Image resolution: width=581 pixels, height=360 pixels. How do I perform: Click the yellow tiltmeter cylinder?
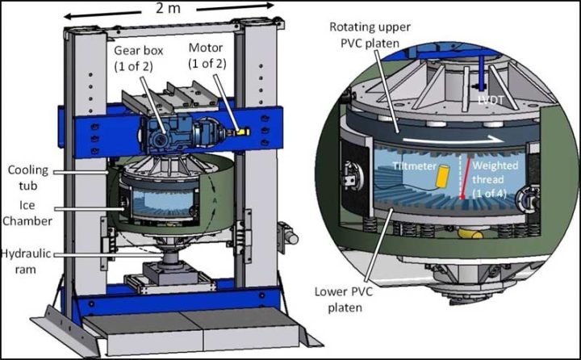click(444, 177)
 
